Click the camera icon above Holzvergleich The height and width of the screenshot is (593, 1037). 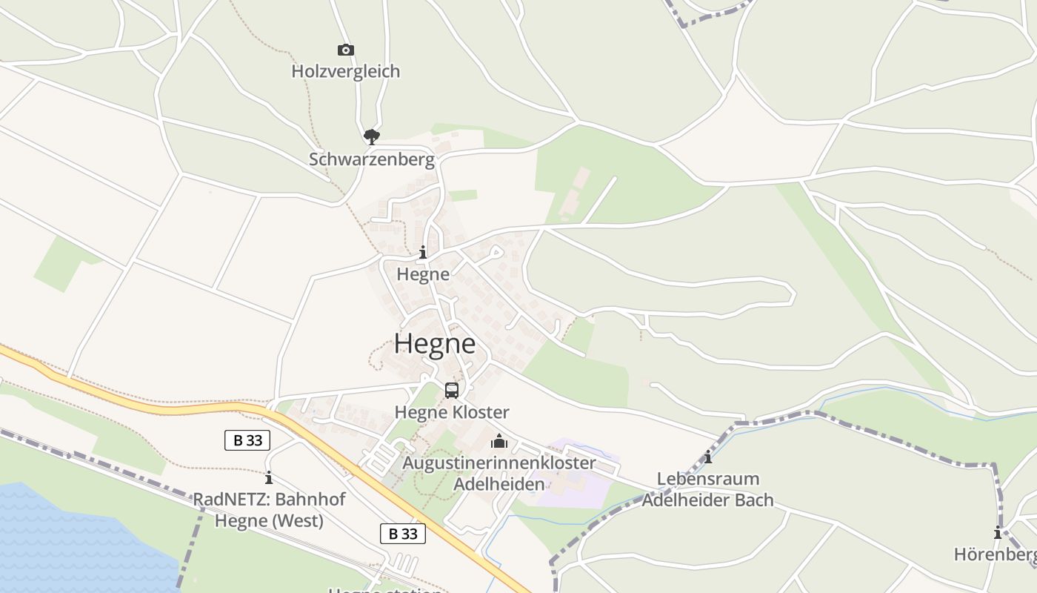pyautogui.click(x=345, y=50)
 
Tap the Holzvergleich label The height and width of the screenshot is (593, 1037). pyautogui.click(x=345, y=71)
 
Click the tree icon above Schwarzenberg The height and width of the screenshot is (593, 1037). pyautogui.click(x=371, y=136)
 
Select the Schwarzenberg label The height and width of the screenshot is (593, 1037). pyautogui.click(x=371, y=159)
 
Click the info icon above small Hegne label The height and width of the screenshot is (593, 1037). pyautogui.click(x=423, y=253)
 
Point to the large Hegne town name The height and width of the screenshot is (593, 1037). pyautogui.click(x=435, y=344)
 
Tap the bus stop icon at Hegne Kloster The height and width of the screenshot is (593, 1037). pyautogui.click(x=451, y=390)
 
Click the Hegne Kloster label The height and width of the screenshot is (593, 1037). pyautogui.click(x=451, y=412)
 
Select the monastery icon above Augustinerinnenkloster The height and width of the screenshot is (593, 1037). pyautogui.click(x=499, y=441)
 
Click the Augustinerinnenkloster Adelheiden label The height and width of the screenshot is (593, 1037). pyautogui.click(x=499, y=474)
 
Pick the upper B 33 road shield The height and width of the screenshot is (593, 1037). pyautogui.click(x=247, y=440)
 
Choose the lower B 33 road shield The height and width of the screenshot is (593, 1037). pyautogui.click(x=403, y=533)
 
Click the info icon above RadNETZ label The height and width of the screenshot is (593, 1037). pyautogui.click(x=269, y=478)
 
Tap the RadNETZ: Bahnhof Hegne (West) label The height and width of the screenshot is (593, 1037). pyautogui.click(x=269, y=510)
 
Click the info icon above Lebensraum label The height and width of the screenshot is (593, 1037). pyautogui.click(x=708, y=457)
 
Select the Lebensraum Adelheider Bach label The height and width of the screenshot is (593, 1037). pyautogui.click(x=707, y=490)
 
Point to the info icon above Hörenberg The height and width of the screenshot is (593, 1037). pyautogui.click(x=998, y=532)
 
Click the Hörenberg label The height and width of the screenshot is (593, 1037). pyautogui.click(x=995, y=554)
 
